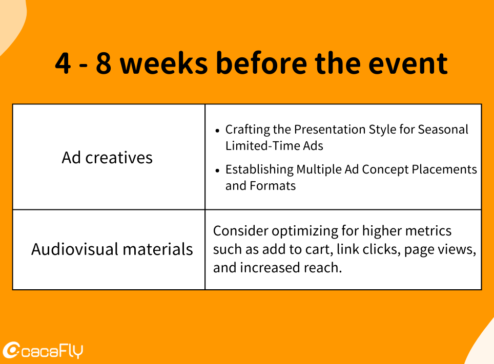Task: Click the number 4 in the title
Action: [63, 63]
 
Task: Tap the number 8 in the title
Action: [104, 63]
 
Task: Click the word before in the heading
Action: [261, 62]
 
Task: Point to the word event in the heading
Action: [408, 64]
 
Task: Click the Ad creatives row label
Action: [107, 158]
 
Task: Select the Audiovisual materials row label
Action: [112, 249]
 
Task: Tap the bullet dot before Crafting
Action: [217, 131]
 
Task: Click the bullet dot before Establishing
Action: [217, 170]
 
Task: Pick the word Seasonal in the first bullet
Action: [443, 130]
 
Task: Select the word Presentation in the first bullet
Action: [330, 130]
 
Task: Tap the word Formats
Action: [273, 186]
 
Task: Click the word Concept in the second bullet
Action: [385, 170]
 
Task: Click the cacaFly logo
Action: [43, 350]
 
